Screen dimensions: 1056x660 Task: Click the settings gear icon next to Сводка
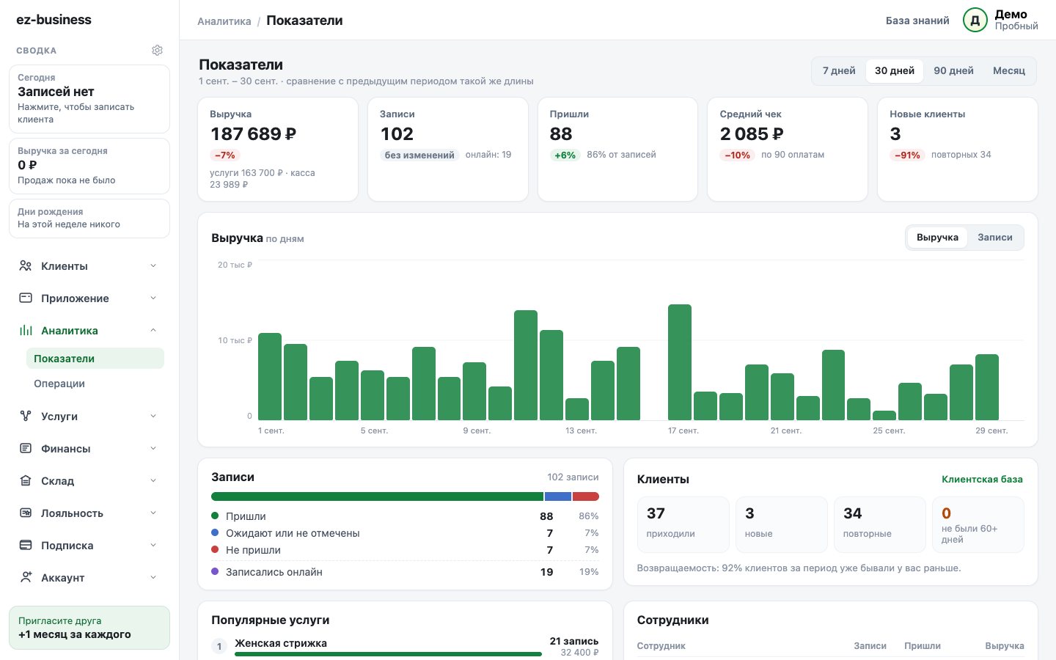pos(157,50)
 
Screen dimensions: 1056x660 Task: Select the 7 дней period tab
pos(839,70)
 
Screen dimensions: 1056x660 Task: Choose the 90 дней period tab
pos(953,70)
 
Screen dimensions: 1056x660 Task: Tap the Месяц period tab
pos(1009,70)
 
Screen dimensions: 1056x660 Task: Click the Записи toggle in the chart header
pos(994,237)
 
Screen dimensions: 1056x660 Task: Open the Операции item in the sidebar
pos(59,384)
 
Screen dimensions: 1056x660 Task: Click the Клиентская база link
pos(982,479)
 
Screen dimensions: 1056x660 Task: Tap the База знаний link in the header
pos(917,21)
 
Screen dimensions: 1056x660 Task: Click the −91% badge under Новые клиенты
pos(907,155)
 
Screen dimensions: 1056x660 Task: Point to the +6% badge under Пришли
pos(565,155)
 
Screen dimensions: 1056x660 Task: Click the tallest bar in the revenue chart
pos(679,362)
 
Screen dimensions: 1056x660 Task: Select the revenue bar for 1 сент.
pos(270,377)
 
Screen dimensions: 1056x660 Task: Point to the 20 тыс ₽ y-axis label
pos(235,265)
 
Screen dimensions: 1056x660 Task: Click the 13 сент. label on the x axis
pos(581,430)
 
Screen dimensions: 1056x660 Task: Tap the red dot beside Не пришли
pos(215,549)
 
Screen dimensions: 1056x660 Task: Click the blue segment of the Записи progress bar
pos(557,496)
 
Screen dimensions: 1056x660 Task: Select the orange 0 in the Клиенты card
pos(946,513)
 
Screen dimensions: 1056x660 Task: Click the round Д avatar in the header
pos(975,21)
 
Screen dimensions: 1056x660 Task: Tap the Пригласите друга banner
pos(89,628)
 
